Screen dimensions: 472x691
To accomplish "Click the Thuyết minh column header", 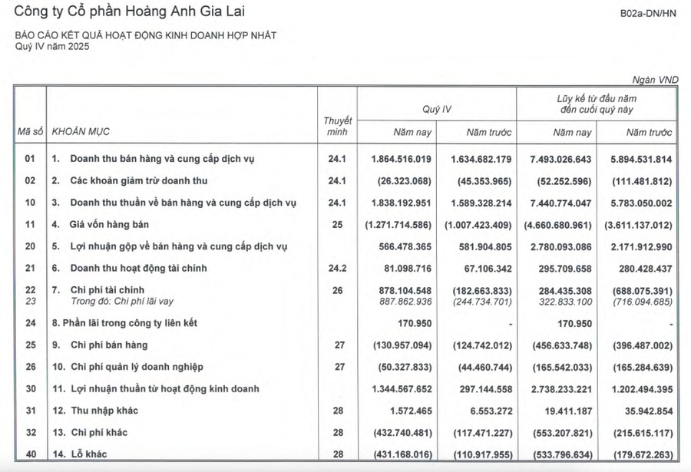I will (338, 126).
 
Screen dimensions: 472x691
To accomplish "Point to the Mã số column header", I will (30, 132).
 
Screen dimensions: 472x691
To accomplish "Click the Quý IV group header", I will (437, 110).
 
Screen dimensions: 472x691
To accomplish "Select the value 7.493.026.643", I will (559, 159).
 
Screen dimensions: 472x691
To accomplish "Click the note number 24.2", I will (337, 269).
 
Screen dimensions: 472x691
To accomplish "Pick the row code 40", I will (30, 455).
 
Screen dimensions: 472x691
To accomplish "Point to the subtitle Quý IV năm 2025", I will (52, 46).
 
